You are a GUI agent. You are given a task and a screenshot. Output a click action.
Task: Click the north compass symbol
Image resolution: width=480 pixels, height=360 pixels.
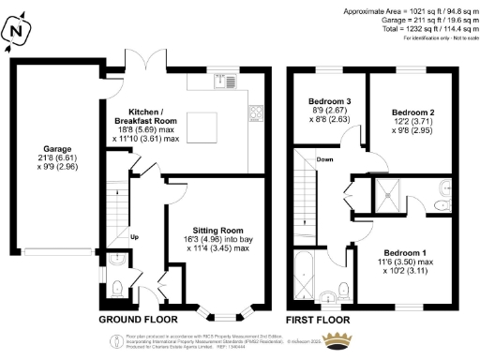tap(16, 32)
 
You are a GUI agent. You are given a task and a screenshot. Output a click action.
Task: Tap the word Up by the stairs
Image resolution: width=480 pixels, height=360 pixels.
tap(134, 236)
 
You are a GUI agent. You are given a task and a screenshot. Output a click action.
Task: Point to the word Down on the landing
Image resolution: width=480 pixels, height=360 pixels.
tap(324, 159)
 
